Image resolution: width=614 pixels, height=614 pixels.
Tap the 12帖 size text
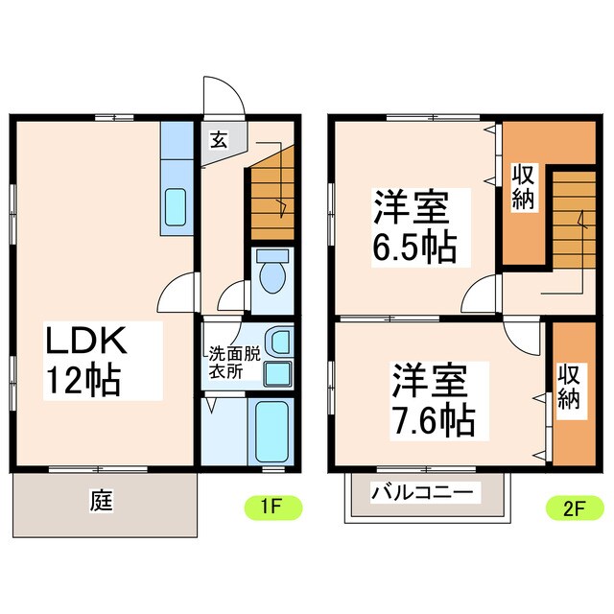click(x=81, y=381)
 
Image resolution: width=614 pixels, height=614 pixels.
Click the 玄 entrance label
click(x=218, y=140)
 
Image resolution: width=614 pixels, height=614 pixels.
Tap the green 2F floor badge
click(x=572, y=507)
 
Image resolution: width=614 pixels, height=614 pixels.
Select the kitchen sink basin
click(x=177, y=205)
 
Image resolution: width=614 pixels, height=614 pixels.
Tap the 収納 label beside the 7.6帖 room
click(x=571, y=387)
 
